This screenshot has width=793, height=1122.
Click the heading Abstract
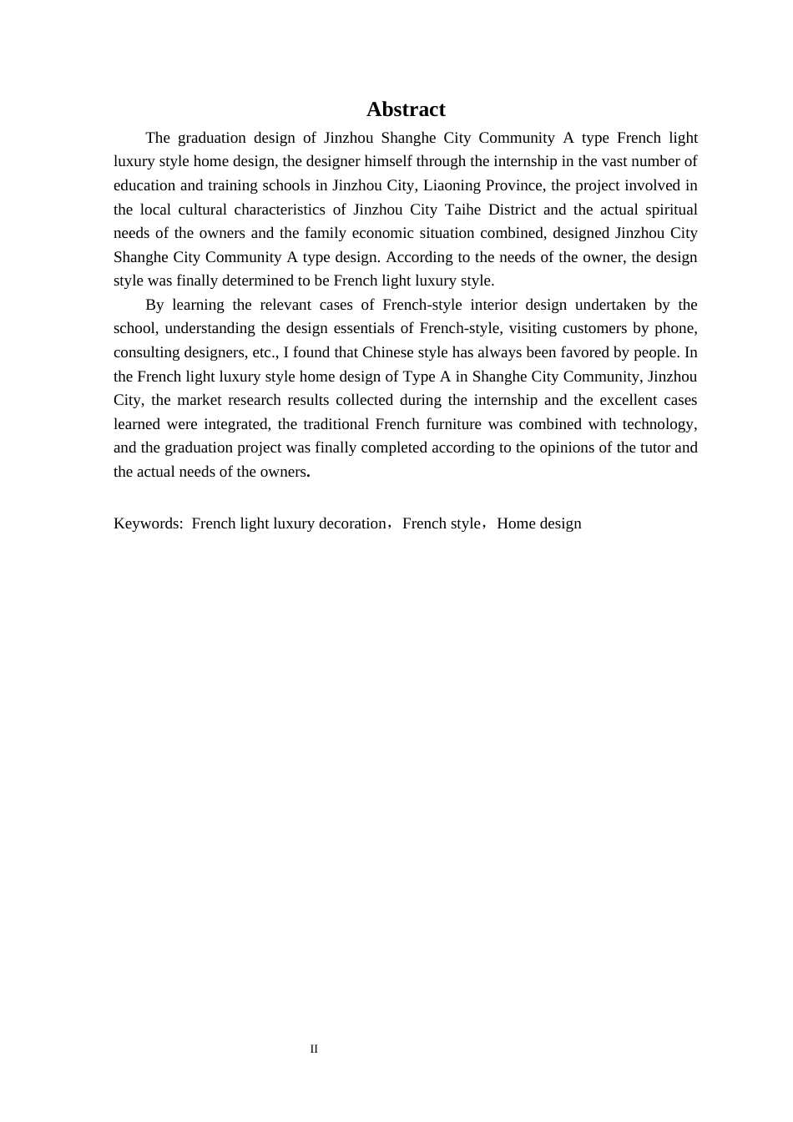pyautogui.click(x=406, y=109)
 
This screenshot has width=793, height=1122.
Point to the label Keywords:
pyautogui.click(x=148, y=523)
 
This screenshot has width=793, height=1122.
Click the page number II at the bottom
pyautogui.click(x=314, y=1049)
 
